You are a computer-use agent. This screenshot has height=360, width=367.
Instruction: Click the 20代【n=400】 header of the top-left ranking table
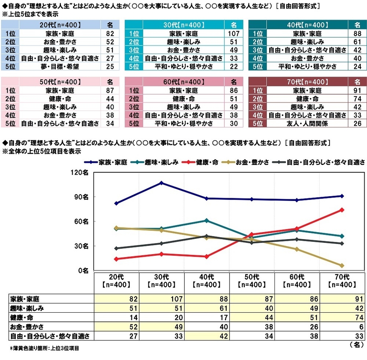[x=60, y=25]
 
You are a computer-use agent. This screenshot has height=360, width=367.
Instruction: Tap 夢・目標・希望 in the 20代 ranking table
[x=60, y=66]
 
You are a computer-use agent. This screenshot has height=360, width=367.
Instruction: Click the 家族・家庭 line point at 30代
[x=162, y=183]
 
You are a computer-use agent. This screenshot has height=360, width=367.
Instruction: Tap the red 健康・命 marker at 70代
[x=342, y=210]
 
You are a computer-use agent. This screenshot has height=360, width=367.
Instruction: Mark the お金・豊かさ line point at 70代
[x=342, y=265]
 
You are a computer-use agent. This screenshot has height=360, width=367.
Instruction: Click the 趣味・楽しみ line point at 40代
[x=207, y=220]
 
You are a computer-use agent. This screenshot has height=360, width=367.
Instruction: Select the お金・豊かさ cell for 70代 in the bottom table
[x=342, y=326]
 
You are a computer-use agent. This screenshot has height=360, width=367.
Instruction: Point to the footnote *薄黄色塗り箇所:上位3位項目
[x=46, y=347]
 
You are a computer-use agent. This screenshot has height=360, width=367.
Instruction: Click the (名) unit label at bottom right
[x=357, y=344]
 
